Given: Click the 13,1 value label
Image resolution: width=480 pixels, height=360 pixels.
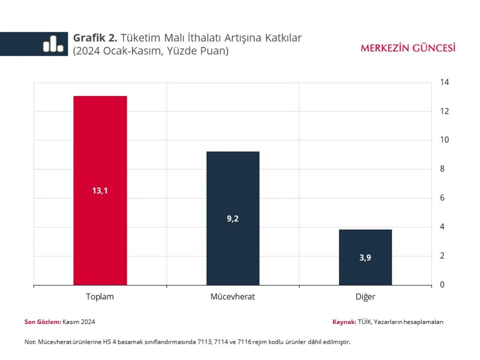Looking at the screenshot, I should [x=100, y=190].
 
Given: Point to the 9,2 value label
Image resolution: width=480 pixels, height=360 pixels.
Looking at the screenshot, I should [x=232, y=219].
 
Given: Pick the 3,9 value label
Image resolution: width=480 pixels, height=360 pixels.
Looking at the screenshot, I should [x=365, y=258].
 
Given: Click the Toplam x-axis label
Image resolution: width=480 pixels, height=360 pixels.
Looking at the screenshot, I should [x=100, y=297].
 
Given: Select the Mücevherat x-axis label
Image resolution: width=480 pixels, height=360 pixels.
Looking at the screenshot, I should [x=232, y=297].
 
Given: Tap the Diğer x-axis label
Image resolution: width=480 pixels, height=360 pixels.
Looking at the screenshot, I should [x=365, y=297].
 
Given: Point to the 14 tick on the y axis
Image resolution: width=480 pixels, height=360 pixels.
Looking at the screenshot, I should [x=444, y=82].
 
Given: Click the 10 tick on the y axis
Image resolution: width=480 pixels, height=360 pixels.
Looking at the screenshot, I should [x=444, y=140].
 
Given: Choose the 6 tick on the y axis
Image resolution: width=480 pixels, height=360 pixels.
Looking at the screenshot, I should [x=442, y=198].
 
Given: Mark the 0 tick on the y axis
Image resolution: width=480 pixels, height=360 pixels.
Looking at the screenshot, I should [x=442, y=285].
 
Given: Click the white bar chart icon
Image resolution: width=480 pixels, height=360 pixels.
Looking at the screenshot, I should [x=53, y=44].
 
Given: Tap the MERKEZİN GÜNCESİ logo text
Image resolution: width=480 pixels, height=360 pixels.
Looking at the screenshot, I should [x=408, y=48].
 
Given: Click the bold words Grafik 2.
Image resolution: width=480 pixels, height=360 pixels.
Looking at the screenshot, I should [x=95, y=38].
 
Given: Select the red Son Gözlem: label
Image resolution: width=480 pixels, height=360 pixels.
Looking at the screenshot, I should [x=42, y=322].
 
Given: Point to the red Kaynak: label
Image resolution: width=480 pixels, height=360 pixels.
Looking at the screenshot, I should [x=344, y=322].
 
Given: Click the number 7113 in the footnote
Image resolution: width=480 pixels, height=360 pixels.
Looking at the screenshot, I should [x=204, y=342].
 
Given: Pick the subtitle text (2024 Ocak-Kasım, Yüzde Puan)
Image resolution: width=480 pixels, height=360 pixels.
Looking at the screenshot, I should [x=151, y=51].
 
